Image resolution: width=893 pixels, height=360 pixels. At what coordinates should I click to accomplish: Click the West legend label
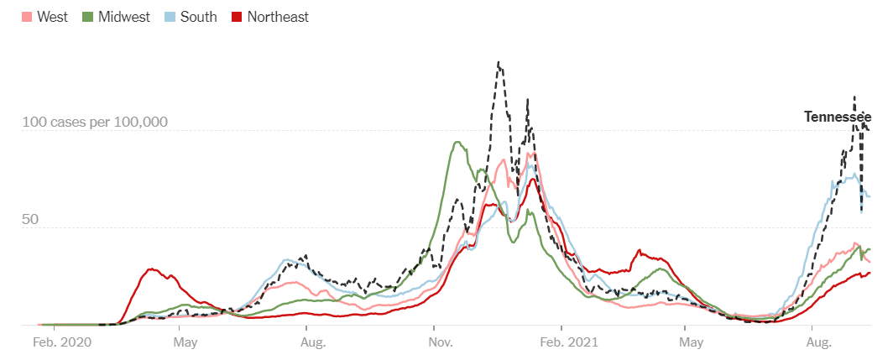(52, 17)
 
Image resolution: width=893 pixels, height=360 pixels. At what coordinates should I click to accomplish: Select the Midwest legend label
(123, 17)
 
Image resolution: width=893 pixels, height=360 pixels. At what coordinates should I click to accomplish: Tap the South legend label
(198, 17)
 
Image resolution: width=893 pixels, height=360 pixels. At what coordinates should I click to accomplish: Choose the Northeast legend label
(278, 17)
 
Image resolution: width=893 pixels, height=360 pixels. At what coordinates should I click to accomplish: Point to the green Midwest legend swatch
(86, 17)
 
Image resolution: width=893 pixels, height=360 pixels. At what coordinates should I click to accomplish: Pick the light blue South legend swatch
(170, 17)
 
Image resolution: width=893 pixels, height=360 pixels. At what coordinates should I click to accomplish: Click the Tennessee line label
(837, 117)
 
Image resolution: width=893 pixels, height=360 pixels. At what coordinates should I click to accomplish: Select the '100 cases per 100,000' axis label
(95, 123)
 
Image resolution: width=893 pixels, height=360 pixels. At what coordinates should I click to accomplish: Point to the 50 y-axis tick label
(30, 219)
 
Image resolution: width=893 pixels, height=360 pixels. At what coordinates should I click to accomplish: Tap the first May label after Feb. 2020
(185, 342)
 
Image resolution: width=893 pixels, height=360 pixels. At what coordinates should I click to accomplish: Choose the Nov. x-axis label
(441, 342)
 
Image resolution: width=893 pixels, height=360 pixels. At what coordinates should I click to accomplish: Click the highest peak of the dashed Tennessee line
(499, 62)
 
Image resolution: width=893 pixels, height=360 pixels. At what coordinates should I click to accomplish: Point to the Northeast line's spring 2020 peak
(151, 269)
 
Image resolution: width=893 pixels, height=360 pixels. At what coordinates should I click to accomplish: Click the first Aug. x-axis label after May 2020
(313, 342)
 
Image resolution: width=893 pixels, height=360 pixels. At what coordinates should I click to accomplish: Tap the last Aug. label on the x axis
(818, 342)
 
